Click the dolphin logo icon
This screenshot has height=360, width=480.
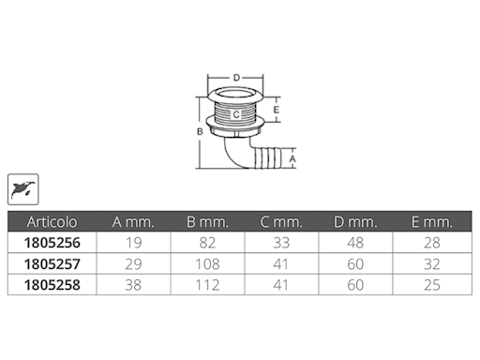coord(23,189)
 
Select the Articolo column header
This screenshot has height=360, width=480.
coord(52,222)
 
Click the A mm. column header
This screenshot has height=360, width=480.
coord(133,222)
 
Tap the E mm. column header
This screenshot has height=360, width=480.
coord(432,222)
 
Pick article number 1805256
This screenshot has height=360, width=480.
coord(52,243)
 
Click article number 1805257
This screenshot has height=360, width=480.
coord(52,264)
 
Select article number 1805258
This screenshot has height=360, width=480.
coord(52,285)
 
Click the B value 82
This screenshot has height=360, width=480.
coord(207,243)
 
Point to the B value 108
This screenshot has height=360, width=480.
coord(207,264)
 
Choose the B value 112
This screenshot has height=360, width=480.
coord(207,285)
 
